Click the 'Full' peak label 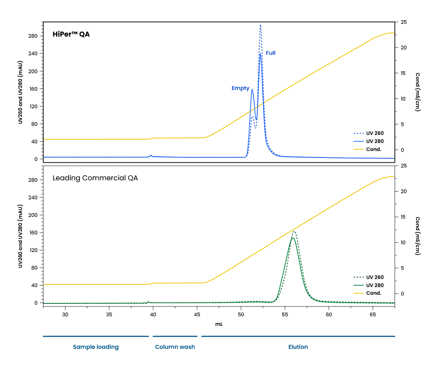pyautogui.click(x=270, y=53)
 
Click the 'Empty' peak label pyautogui.click(x=240, y=88)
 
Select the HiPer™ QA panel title pyautogui.click(x=71, y=34)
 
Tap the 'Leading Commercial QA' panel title pyautogui.click(x=95, y=178)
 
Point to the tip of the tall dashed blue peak pyautogui.click(x=260, y=25)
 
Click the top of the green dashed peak pyautogui.click(x=294, y=231)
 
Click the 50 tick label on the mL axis pyautogui.click(x=241, y=314)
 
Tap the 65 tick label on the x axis pyautogui.click(x=373, y=314)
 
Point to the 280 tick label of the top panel pyautogui.click(x=33, y=36)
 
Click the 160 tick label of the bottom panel pyautogui.click(x=33, y=233)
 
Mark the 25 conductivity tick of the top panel pyautogui.click(x=404, y=22)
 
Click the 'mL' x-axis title pyautogui.click(x=219, y=324)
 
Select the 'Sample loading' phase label pyautogui.click(x=96, y=347)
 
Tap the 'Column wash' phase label pyautogui.click(x=175, y=347)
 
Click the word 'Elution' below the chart pyautogui.click(x=298, y=347)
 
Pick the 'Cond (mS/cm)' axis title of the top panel pyautogui.click(x=418, y=92)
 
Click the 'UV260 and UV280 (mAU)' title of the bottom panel pyautogui.click(x=20, y=236)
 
